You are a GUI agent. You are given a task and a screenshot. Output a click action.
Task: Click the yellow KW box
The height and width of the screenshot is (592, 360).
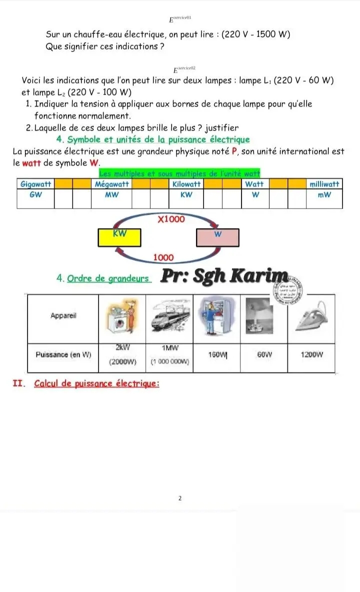(119, 237)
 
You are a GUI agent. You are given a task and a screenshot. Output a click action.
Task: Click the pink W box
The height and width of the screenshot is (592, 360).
(217, 237)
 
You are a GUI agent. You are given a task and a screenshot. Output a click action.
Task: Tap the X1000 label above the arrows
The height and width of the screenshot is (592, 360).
(170, 219)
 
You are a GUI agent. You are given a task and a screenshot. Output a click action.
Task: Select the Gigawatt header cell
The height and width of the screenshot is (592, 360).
(35, 184)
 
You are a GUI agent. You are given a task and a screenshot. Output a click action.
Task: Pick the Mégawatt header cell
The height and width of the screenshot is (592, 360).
(111, 184)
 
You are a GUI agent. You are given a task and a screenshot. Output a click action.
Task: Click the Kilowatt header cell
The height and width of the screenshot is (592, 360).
(186, 184)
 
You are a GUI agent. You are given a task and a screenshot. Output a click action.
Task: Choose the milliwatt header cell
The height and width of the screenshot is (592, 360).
(324, 184)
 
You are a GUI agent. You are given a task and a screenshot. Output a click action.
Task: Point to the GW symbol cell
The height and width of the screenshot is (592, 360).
(35, 195)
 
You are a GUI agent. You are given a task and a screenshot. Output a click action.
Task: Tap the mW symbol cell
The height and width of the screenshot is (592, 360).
(324, 195)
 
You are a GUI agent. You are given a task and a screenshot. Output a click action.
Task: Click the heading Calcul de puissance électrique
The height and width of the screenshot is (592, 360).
(96, 384)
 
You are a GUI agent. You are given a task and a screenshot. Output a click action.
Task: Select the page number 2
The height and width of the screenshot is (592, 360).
(180, 498)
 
